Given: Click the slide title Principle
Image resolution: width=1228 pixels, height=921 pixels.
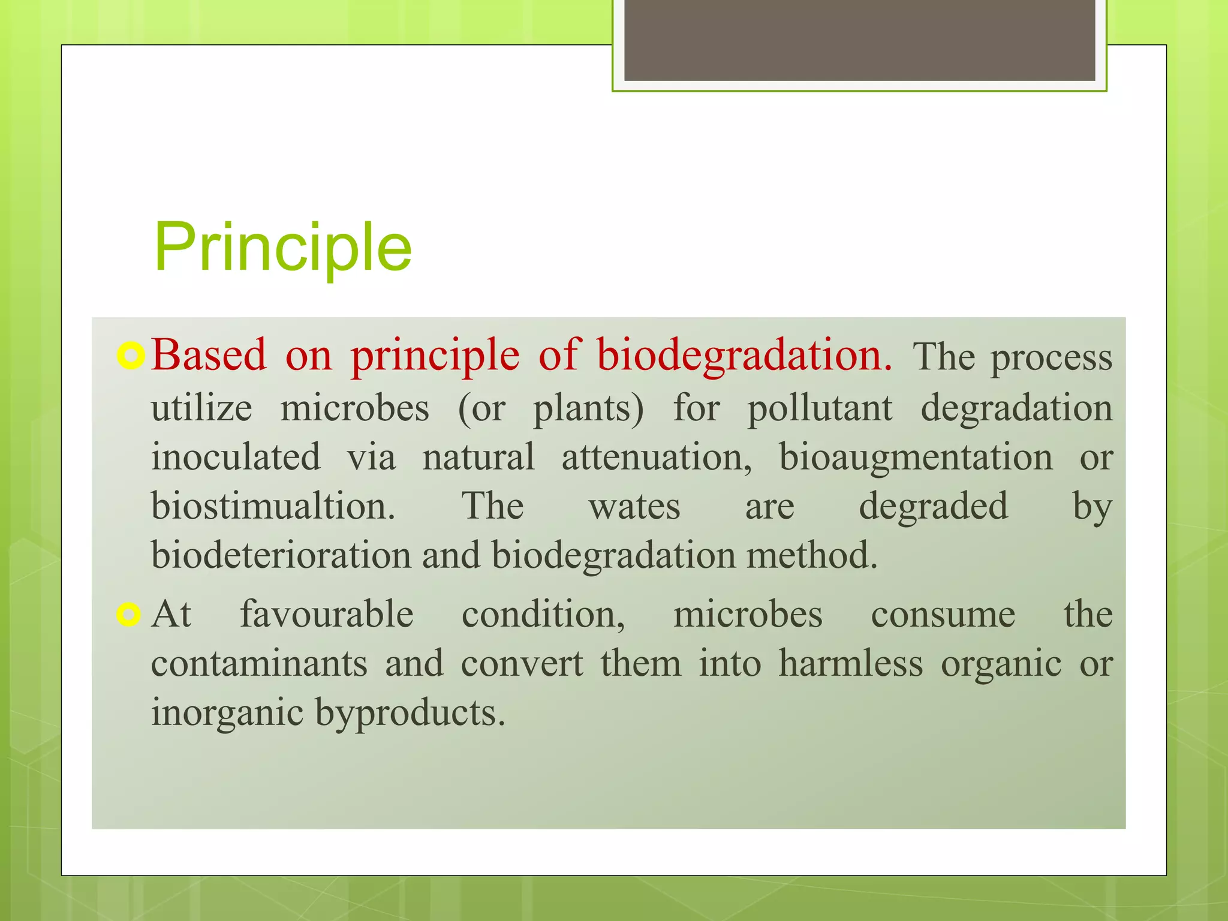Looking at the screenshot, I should (282, 247).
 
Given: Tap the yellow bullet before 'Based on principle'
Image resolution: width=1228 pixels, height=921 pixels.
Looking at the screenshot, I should (130, 356).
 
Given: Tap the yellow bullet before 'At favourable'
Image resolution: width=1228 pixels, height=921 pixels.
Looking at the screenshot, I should (128, 615).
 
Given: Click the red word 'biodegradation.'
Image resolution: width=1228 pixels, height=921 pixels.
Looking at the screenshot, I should (744, 355).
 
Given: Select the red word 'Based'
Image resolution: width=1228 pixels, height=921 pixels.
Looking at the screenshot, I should (208, 355).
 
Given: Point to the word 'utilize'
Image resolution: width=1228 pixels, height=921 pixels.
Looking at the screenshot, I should (201, 408).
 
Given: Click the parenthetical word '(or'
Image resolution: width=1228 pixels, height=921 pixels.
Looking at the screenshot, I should (481, 410).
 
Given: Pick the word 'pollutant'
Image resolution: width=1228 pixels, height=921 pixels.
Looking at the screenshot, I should (819, 410).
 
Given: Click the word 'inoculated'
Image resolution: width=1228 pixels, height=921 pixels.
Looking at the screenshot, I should (236, 458).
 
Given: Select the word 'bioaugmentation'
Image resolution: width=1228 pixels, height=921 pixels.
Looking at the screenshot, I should (915, 458).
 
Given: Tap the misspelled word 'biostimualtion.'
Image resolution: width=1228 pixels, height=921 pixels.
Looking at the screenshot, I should (273, 507).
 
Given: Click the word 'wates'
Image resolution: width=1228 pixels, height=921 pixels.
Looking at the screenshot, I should (634, 507).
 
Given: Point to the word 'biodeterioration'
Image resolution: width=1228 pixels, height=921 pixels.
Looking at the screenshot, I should (281, 555).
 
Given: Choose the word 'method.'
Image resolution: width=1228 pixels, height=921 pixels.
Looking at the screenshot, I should (812, 555).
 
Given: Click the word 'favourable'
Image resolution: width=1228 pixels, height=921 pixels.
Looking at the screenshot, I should (327, 615).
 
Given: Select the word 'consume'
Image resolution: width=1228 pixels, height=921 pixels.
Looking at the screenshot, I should (943, 616).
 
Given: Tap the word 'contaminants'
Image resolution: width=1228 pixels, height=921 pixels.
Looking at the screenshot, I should (259, 664).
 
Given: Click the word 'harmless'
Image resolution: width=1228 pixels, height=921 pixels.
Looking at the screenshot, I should (850, 664).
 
